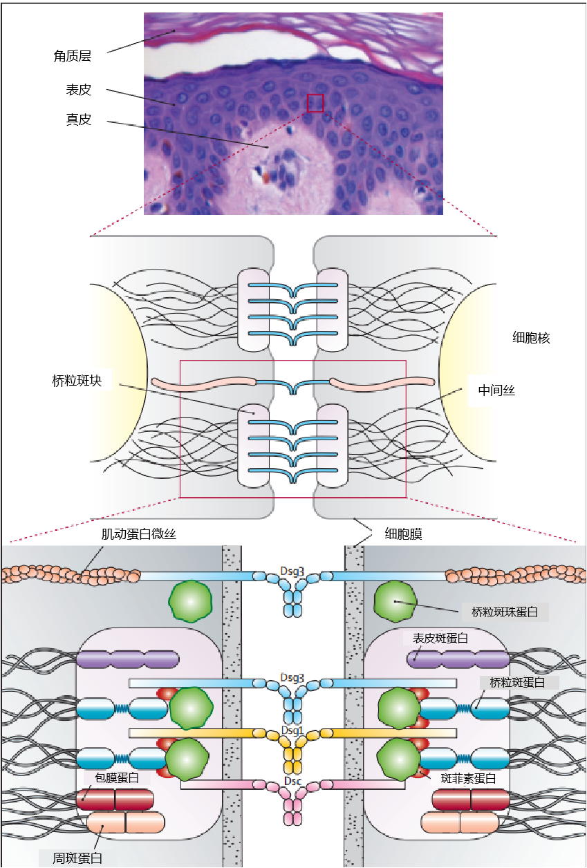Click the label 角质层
point(73,56)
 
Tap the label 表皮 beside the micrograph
point(79,90)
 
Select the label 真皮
point(79,120)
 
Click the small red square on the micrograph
point(315,103)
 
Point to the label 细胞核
point(531,338)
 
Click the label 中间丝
point(496,390)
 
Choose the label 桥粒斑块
point(77,381)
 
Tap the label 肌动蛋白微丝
point(139,534)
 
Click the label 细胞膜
point(403,534)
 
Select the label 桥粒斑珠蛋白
point(505,612)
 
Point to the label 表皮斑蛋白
point(440,638)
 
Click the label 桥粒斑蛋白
point(517,682)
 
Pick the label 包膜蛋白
point(117,777)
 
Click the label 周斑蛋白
point(77,858)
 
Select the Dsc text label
point(292,781)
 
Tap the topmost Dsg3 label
point(292,571)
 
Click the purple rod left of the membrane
point(128,659)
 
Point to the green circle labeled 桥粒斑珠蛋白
point(395,601)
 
